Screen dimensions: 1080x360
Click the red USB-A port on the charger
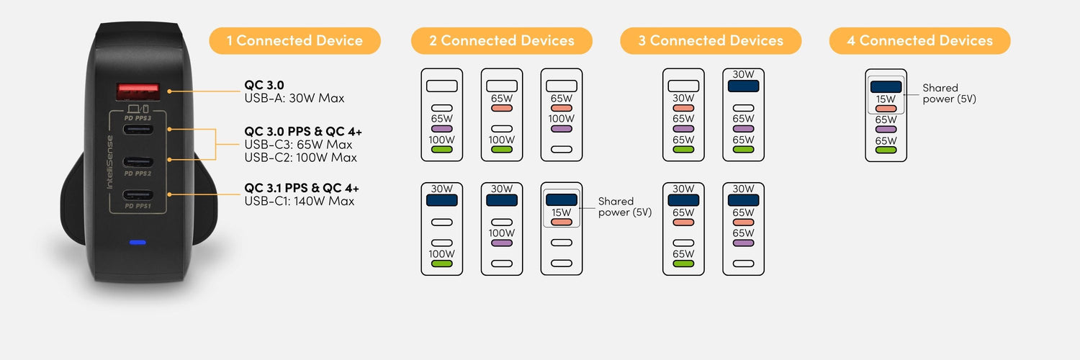pos(138,91)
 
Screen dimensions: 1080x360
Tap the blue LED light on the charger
pos(138,243)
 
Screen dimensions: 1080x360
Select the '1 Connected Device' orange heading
pos(294,40)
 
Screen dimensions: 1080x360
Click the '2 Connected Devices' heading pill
pos(501,40)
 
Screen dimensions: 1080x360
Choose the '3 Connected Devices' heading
pos(711,40)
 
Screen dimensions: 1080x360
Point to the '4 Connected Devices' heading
pos(920,40)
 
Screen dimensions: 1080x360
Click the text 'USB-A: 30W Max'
pos(294,99)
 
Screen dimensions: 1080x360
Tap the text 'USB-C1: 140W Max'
pos(299,201)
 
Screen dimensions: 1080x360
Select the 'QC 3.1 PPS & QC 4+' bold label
pos(302,188)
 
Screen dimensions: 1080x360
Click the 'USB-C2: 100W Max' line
pos(300,158)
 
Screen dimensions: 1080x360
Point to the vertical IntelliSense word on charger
pos(110,162)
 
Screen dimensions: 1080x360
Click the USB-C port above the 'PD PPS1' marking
pos(138,195)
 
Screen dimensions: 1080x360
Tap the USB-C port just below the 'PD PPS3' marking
pos(138,129)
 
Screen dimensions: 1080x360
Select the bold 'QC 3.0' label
pos(264,85)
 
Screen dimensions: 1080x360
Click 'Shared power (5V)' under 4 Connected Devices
pos(949,94)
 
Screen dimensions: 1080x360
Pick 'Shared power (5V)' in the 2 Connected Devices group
pos(625,207)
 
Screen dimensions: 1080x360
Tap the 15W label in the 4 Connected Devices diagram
pos(886,99)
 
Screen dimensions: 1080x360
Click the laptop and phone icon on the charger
pos(138,109)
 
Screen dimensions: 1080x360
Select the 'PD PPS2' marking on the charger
pos(138,174)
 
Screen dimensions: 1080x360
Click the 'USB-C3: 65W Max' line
pos(298,145)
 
